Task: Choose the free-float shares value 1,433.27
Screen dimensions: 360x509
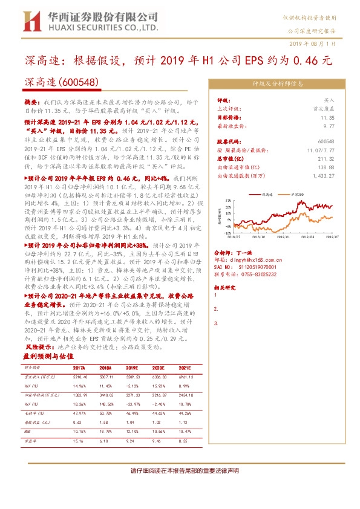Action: pos(323,175)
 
